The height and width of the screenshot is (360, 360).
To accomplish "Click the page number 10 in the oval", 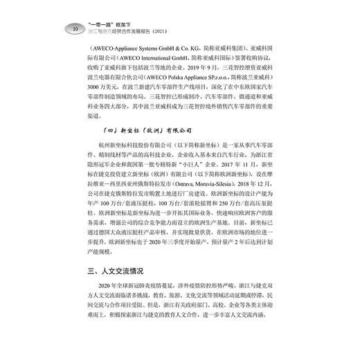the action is pos(75,28).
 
